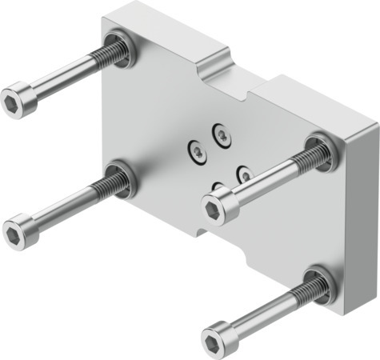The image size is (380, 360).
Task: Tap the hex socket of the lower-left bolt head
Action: pyautogui.click(x=15, y=233)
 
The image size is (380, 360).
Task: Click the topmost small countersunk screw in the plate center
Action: pyautogui.click(x=221, y=134)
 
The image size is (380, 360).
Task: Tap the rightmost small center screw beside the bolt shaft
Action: pyautogui.click(x=245, y=173)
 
